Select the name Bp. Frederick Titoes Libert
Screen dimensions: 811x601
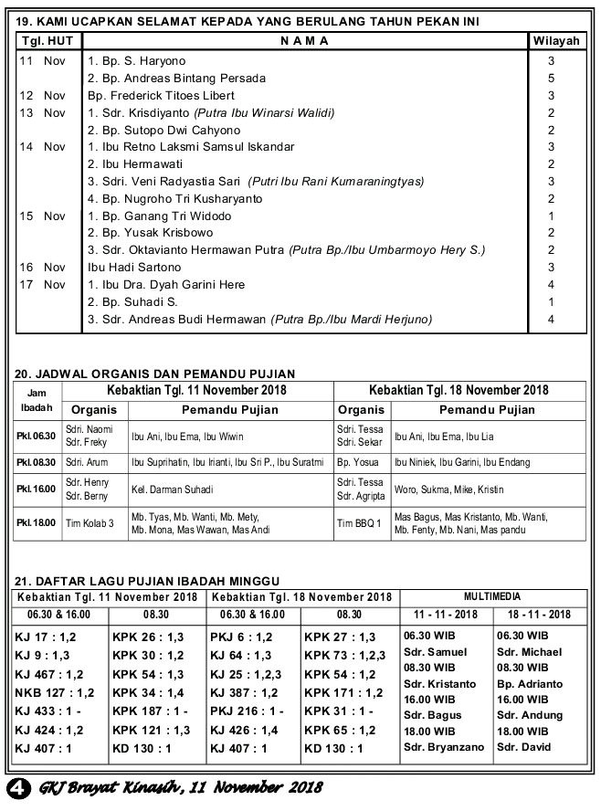click(x=161, y=95)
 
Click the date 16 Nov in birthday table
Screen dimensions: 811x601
click(x=42, y=268)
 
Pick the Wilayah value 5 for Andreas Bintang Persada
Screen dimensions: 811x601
click(x=552, y=79)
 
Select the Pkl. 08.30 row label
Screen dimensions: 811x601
click(x=37, y=462)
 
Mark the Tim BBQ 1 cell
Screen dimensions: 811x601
click(x=359, y=523)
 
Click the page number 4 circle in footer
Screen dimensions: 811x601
click(x=16, y=786)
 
